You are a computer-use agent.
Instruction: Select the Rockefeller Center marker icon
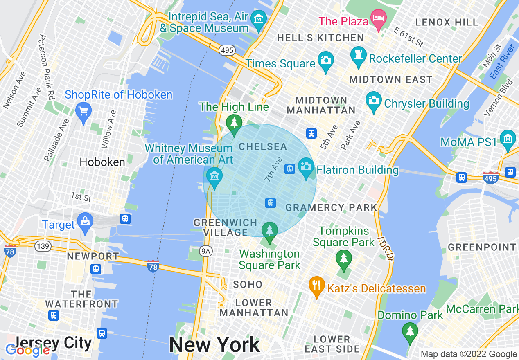pos(359,56)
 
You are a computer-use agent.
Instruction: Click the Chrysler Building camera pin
pos(374,101)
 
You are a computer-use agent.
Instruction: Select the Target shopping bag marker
pos(85,223)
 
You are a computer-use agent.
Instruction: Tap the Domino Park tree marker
pos(410,331)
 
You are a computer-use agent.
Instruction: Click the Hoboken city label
pos(102,162)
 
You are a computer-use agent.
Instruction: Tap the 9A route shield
pos(207,252)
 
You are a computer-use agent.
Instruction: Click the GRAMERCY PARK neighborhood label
pos(331,207)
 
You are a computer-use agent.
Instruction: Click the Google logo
pos(27,350)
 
